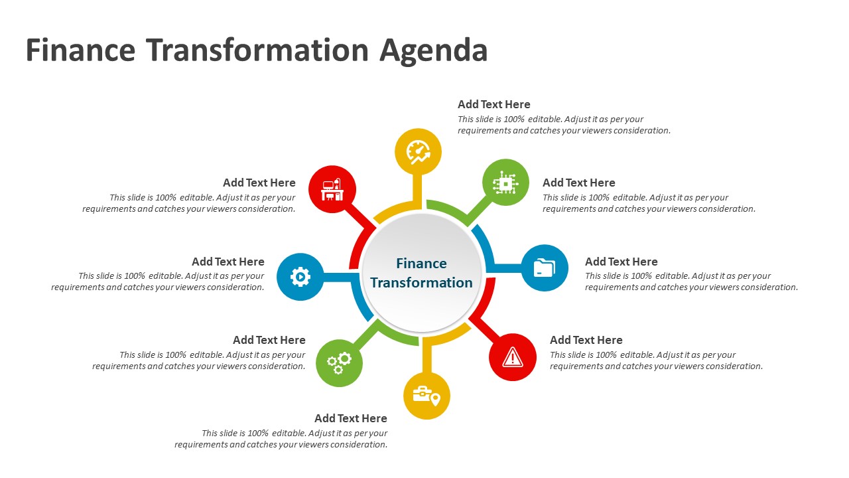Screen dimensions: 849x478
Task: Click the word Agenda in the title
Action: coord(434,51)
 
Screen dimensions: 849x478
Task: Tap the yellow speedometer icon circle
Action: coord(418,152)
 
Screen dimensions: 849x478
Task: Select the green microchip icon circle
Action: coord(505,183)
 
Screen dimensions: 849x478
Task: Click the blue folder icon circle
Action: coord(545,268)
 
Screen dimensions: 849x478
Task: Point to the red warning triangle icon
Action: coord(513,357)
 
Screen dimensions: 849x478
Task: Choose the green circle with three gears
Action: coord(339,363)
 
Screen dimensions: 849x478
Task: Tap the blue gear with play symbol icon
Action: coord(300,277)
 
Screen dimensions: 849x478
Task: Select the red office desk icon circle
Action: coord(332,189)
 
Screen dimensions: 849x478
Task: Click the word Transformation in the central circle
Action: coord(421,283)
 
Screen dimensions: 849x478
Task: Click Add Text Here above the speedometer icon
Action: coord(494,104)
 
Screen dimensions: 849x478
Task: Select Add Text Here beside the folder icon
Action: coord(621,262)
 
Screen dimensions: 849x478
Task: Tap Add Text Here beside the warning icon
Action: coord(586,340)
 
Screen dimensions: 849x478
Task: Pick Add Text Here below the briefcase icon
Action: coord(351,418)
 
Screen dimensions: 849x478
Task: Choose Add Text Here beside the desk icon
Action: coord(259,183)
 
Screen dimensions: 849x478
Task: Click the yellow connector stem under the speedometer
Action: coord(417,192)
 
